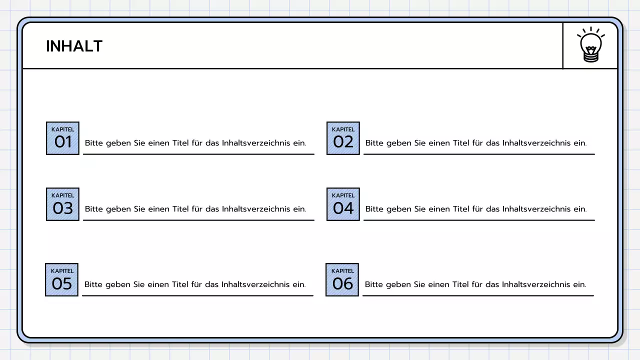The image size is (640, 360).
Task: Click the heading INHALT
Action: click(x=74, y=46)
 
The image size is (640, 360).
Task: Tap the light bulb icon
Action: click(x=590, y=45)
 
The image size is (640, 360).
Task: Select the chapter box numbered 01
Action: click(x=62, y=138)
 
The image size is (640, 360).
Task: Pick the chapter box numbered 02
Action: click(x=343, y=138)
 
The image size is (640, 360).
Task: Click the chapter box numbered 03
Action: click(x=62, y=204)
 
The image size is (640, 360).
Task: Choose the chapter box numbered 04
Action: click(x=343, y=204)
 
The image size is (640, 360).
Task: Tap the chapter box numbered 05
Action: click(x=62, y=280)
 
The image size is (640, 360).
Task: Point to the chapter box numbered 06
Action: click(x=342, y=280)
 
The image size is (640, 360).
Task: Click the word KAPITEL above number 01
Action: click(x=62, y=129)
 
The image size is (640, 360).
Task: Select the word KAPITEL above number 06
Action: click(x=342, y=271)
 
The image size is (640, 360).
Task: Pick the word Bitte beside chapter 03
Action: click(x=93, y=209)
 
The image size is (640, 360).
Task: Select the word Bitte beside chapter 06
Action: click(x=373, y=284)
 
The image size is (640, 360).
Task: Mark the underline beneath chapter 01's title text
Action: click(x=198, y=154)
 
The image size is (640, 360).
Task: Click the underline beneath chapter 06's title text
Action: click(x=478, y=295)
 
